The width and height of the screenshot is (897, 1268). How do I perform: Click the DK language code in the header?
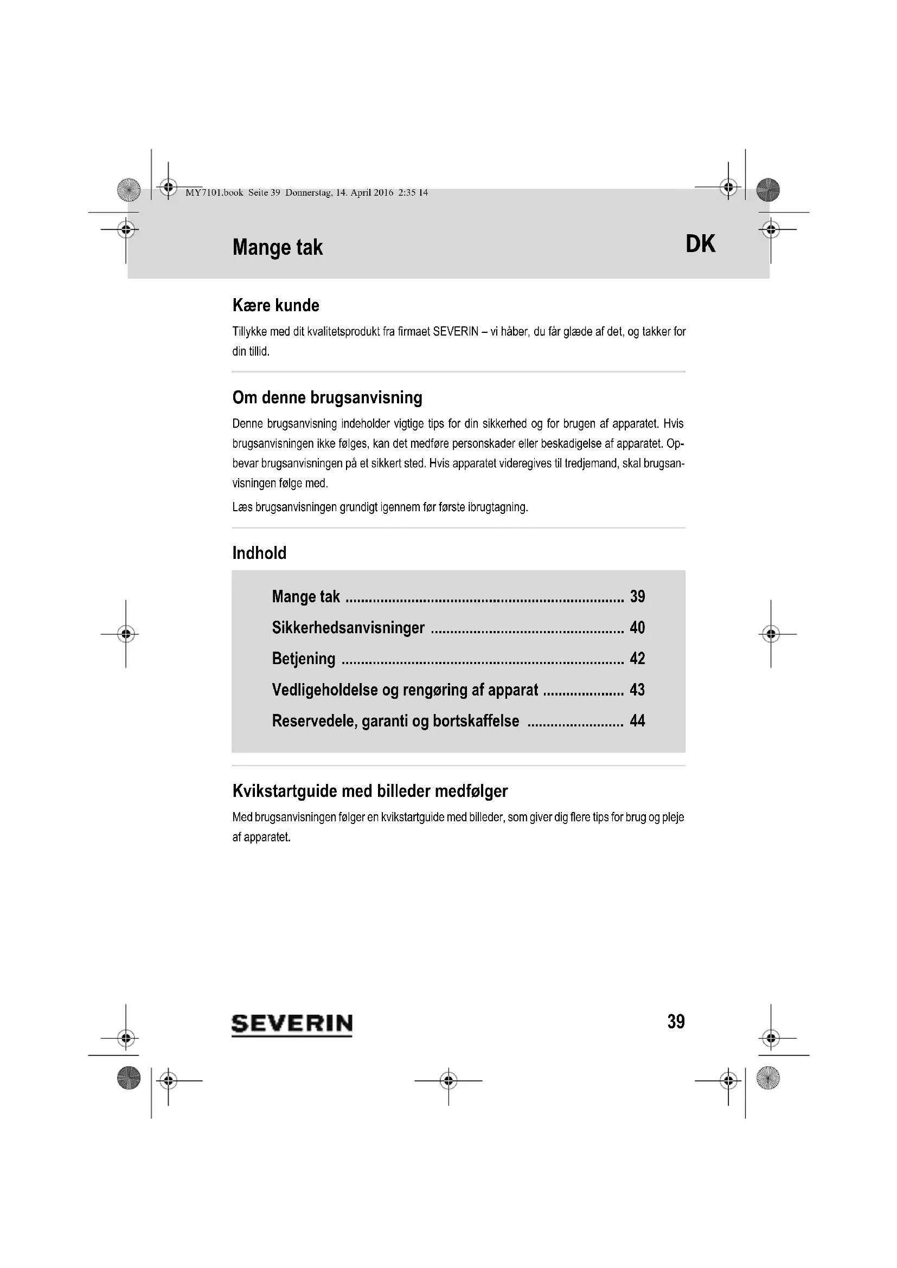[x=700, y=243]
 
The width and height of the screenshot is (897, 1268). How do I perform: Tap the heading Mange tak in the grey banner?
[x=277, y=247]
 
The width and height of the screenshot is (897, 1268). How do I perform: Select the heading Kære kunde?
[x=275, y=305]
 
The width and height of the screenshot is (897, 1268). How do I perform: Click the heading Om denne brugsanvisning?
[x=327, y=397]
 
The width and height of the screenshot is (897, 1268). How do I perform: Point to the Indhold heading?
[x=259, y=553]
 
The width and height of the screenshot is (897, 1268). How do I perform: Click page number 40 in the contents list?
[x=637, y=627]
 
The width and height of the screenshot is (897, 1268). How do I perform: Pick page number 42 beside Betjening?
[x=637, y=658]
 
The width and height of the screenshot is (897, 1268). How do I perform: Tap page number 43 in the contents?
[x=637, y=689]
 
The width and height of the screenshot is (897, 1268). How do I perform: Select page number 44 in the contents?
[x=637, y=720]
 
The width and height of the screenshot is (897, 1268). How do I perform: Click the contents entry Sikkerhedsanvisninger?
[x=348, y=628]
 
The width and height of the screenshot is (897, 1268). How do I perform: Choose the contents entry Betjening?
[x=303, y=659]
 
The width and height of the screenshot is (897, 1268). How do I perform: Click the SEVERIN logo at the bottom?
[x=292, y=1025]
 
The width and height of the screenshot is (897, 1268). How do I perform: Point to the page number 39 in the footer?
[x=676, y=1022]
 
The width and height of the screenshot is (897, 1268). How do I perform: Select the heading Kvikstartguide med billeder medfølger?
[x=370, y=791]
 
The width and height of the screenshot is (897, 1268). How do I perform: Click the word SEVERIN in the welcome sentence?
[x=455, y=332]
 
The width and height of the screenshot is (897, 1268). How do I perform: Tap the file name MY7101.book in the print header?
[x=214, y=193]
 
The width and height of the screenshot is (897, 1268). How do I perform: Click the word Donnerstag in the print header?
[x=308, y=193]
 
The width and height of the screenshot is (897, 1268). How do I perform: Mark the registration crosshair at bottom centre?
[x=448, y=1080]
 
